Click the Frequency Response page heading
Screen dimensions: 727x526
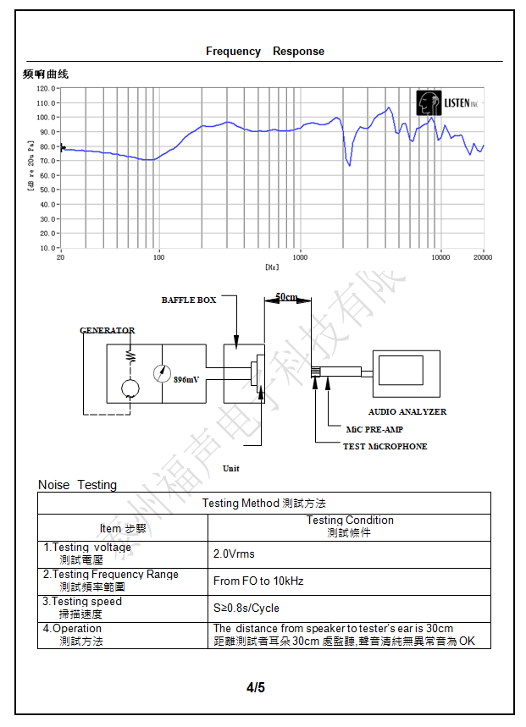click(x=264, y=52)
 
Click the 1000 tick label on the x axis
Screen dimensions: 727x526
click(x=300, y=257)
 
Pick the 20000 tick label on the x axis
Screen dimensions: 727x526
click(x=483, y=257)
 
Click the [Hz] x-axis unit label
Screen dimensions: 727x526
click(x=271, y=267)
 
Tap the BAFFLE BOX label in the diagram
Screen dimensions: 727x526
click(x=189, y=300)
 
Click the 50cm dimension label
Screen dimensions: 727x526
click(x=287, y=297)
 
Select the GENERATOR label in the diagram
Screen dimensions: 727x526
click(x=107, y=330)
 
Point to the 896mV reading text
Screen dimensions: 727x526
click(x=186, y=380)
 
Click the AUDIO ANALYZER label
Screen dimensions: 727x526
click(x=407, y=411)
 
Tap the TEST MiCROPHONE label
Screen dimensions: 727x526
click(x=385, y=446)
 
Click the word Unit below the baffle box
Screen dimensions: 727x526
click(x=230, y=468)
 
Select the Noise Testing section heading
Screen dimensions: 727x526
click(x=77, y=485)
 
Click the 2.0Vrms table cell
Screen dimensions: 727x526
click(x=234, y=554)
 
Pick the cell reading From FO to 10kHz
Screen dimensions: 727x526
click(x=258, y=581)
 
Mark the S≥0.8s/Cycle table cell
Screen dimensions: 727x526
click(x=246, y=608)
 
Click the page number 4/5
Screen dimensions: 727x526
click(x=256, y=687)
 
